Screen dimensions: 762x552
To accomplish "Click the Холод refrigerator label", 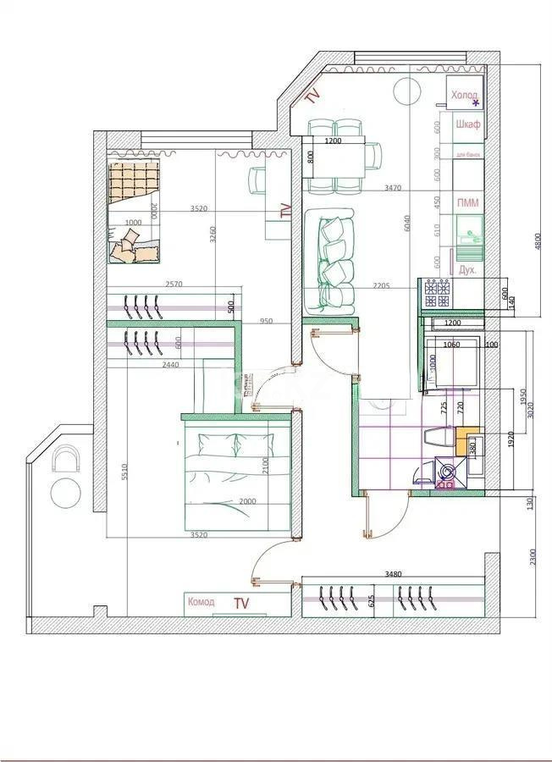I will [x=463, y=96].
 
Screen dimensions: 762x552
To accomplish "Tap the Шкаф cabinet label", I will [x=467, y=125].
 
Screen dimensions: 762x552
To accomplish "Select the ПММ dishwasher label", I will [x=466, y=203].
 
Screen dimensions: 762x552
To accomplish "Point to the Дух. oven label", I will [x=466, y=269].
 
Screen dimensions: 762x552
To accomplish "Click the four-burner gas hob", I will [x=439, y=293].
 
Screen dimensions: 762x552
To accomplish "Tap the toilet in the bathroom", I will [x=436, y=438].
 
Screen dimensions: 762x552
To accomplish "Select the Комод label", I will [x=201, y=602].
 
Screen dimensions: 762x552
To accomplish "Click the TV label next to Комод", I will [x=242, y=604].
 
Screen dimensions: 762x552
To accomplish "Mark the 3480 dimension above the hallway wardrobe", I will [x=393, y=575].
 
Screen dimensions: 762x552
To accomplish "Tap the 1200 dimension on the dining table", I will [x=333, y=141].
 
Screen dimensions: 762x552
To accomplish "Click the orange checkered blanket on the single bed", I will [x=135, y=180].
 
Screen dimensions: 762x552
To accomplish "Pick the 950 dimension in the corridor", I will [x=266, y=321].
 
